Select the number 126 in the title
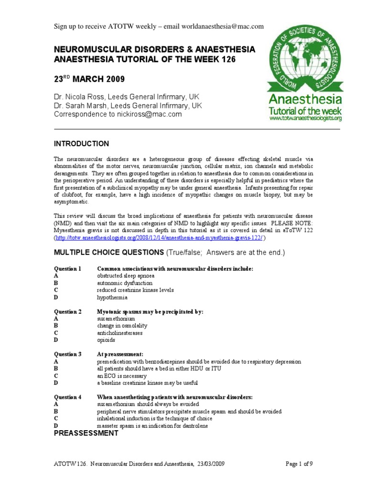[226, 59]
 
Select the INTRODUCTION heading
[81, 144]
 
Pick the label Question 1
[67, 269]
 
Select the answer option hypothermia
[112, 298]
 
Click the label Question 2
[67, 312]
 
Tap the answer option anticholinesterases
[119, 333]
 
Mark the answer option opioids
[106, 340]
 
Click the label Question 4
[67, 397]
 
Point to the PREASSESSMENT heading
[86, 434]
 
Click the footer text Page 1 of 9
[299, 464]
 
